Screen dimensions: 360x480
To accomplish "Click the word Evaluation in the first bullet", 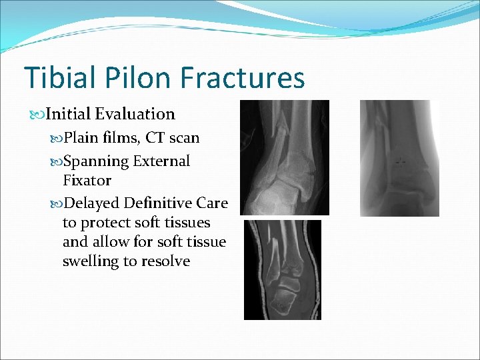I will [135, 115].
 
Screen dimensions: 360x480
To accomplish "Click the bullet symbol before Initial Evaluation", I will [38, 115].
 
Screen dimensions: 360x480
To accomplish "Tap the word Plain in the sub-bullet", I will [81, 138].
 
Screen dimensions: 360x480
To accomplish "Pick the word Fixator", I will [87, 181].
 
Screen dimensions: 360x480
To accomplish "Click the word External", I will [161, 161].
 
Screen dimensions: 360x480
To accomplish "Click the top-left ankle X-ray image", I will [285, 157].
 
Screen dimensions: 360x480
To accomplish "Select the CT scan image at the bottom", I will [282, 269].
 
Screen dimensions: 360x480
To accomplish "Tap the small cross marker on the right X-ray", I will [400, 161].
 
